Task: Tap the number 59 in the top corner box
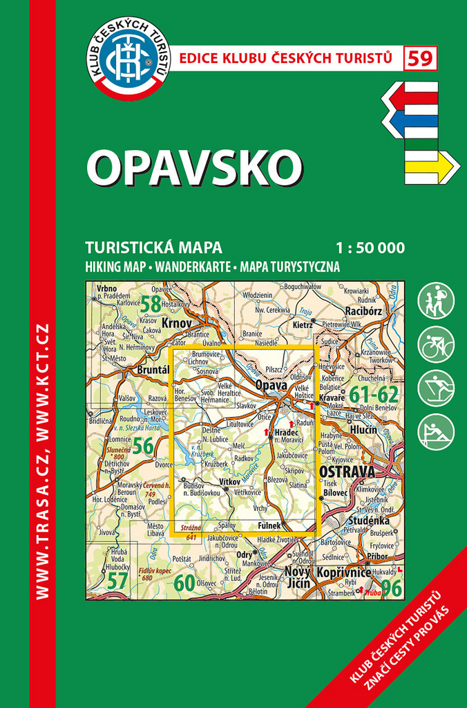[x=421, y=58]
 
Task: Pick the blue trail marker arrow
[x=411, y=124]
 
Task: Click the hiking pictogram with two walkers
[x=437, y=301]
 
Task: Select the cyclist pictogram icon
[x=437, y=344]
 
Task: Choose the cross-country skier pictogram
[x=437, y=388]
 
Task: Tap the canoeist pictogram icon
[x=437, y=431]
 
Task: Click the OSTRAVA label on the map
[x=347, y=472]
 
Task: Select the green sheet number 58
[x=150, y=303]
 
